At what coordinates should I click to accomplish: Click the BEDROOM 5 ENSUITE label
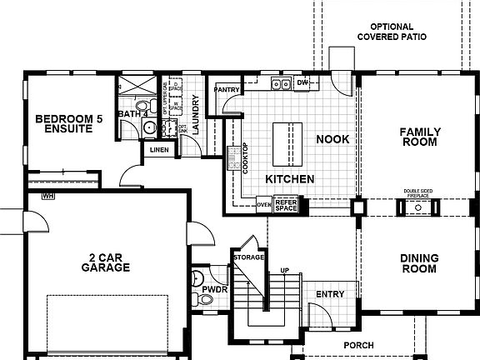point(62,125)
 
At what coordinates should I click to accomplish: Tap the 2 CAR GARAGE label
point(105,262)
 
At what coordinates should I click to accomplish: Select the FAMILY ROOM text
point(418,137)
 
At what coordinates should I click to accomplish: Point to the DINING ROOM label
point(418,263)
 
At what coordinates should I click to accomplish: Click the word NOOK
point(332,139)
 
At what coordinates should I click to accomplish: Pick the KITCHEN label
point(289,179)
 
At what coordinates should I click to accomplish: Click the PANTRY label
point(227,89)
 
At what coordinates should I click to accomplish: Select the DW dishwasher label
point(302,83)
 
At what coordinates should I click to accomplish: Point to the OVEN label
point(263,203)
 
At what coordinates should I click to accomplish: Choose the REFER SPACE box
point(286,204)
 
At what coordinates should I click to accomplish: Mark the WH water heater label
point(48,197)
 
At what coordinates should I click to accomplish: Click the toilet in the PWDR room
point(197,278)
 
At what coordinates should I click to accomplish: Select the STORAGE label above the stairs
point(248,257)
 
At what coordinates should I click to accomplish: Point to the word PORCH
point(358,345)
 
